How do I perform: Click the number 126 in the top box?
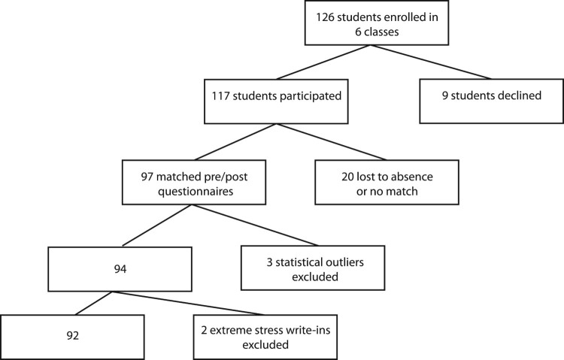click(x=325, y=17)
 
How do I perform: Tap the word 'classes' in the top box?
click(x=381, y=32)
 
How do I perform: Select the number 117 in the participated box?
click(x=220, y=96)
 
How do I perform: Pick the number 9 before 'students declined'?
click(x=445, y=95)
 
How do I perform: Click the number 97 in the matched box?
click(x=147, y=177)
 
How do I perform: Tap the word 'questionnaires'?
click(x=196, y=192)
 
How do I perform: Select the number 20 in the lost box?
click(x=348, y=177)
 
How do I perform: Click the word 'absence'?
click(x=414, y=177)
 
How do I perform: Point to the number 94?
click(x=120, y=269)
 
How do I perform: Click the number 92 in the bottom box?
click(x=73, y=335)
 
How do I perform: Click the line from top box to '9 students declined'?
click(x=431, y=62)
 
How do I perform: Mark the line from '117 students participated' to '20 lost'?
click(x=332, y=142)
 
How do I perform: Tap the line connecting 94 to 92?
click(x=95, y=303)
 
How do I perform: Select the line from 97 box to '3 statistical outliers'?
click(x=255, y=225)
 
